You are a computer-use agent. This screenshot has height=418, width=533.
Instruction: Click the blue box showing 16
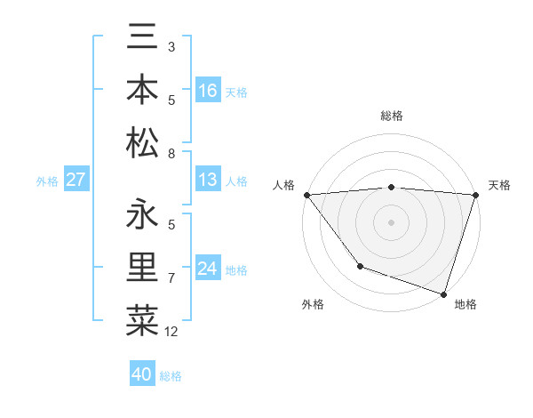[208, 91]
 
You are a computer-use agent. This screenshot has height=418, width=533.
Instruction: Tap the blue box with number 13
[208, 181]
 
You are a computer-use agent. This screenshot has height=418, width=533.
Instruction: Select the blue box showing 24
[208, 269]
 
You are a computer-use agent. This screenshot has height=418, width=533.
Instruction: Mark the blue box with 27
[76, 181]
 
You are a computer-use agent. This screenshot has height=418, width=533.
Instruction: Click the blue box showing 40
[142, 374]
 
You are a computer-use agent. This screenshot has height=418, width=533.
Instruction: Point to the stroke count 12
[171, 332]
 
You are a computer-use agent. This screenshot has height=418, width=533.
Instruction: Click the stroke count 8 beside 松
[171, 154]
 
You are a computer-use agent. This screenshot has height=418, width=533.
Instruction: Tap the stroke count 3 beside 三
[171, 46]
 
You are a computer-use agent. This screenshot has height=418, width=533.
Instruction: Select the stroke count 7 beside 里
[171, 278]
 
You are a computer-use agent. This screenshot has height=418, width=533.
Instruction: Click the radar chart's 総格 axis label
[392, 116]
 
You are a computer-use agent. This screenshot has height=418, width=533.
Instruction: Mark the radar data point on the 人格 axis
[307, 195]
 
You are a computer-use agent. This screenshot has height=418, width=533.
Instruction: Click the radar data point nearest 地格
[443, 293]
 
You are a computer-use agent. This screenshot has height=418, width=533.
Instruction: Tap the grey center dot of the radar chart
[392, 221]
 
